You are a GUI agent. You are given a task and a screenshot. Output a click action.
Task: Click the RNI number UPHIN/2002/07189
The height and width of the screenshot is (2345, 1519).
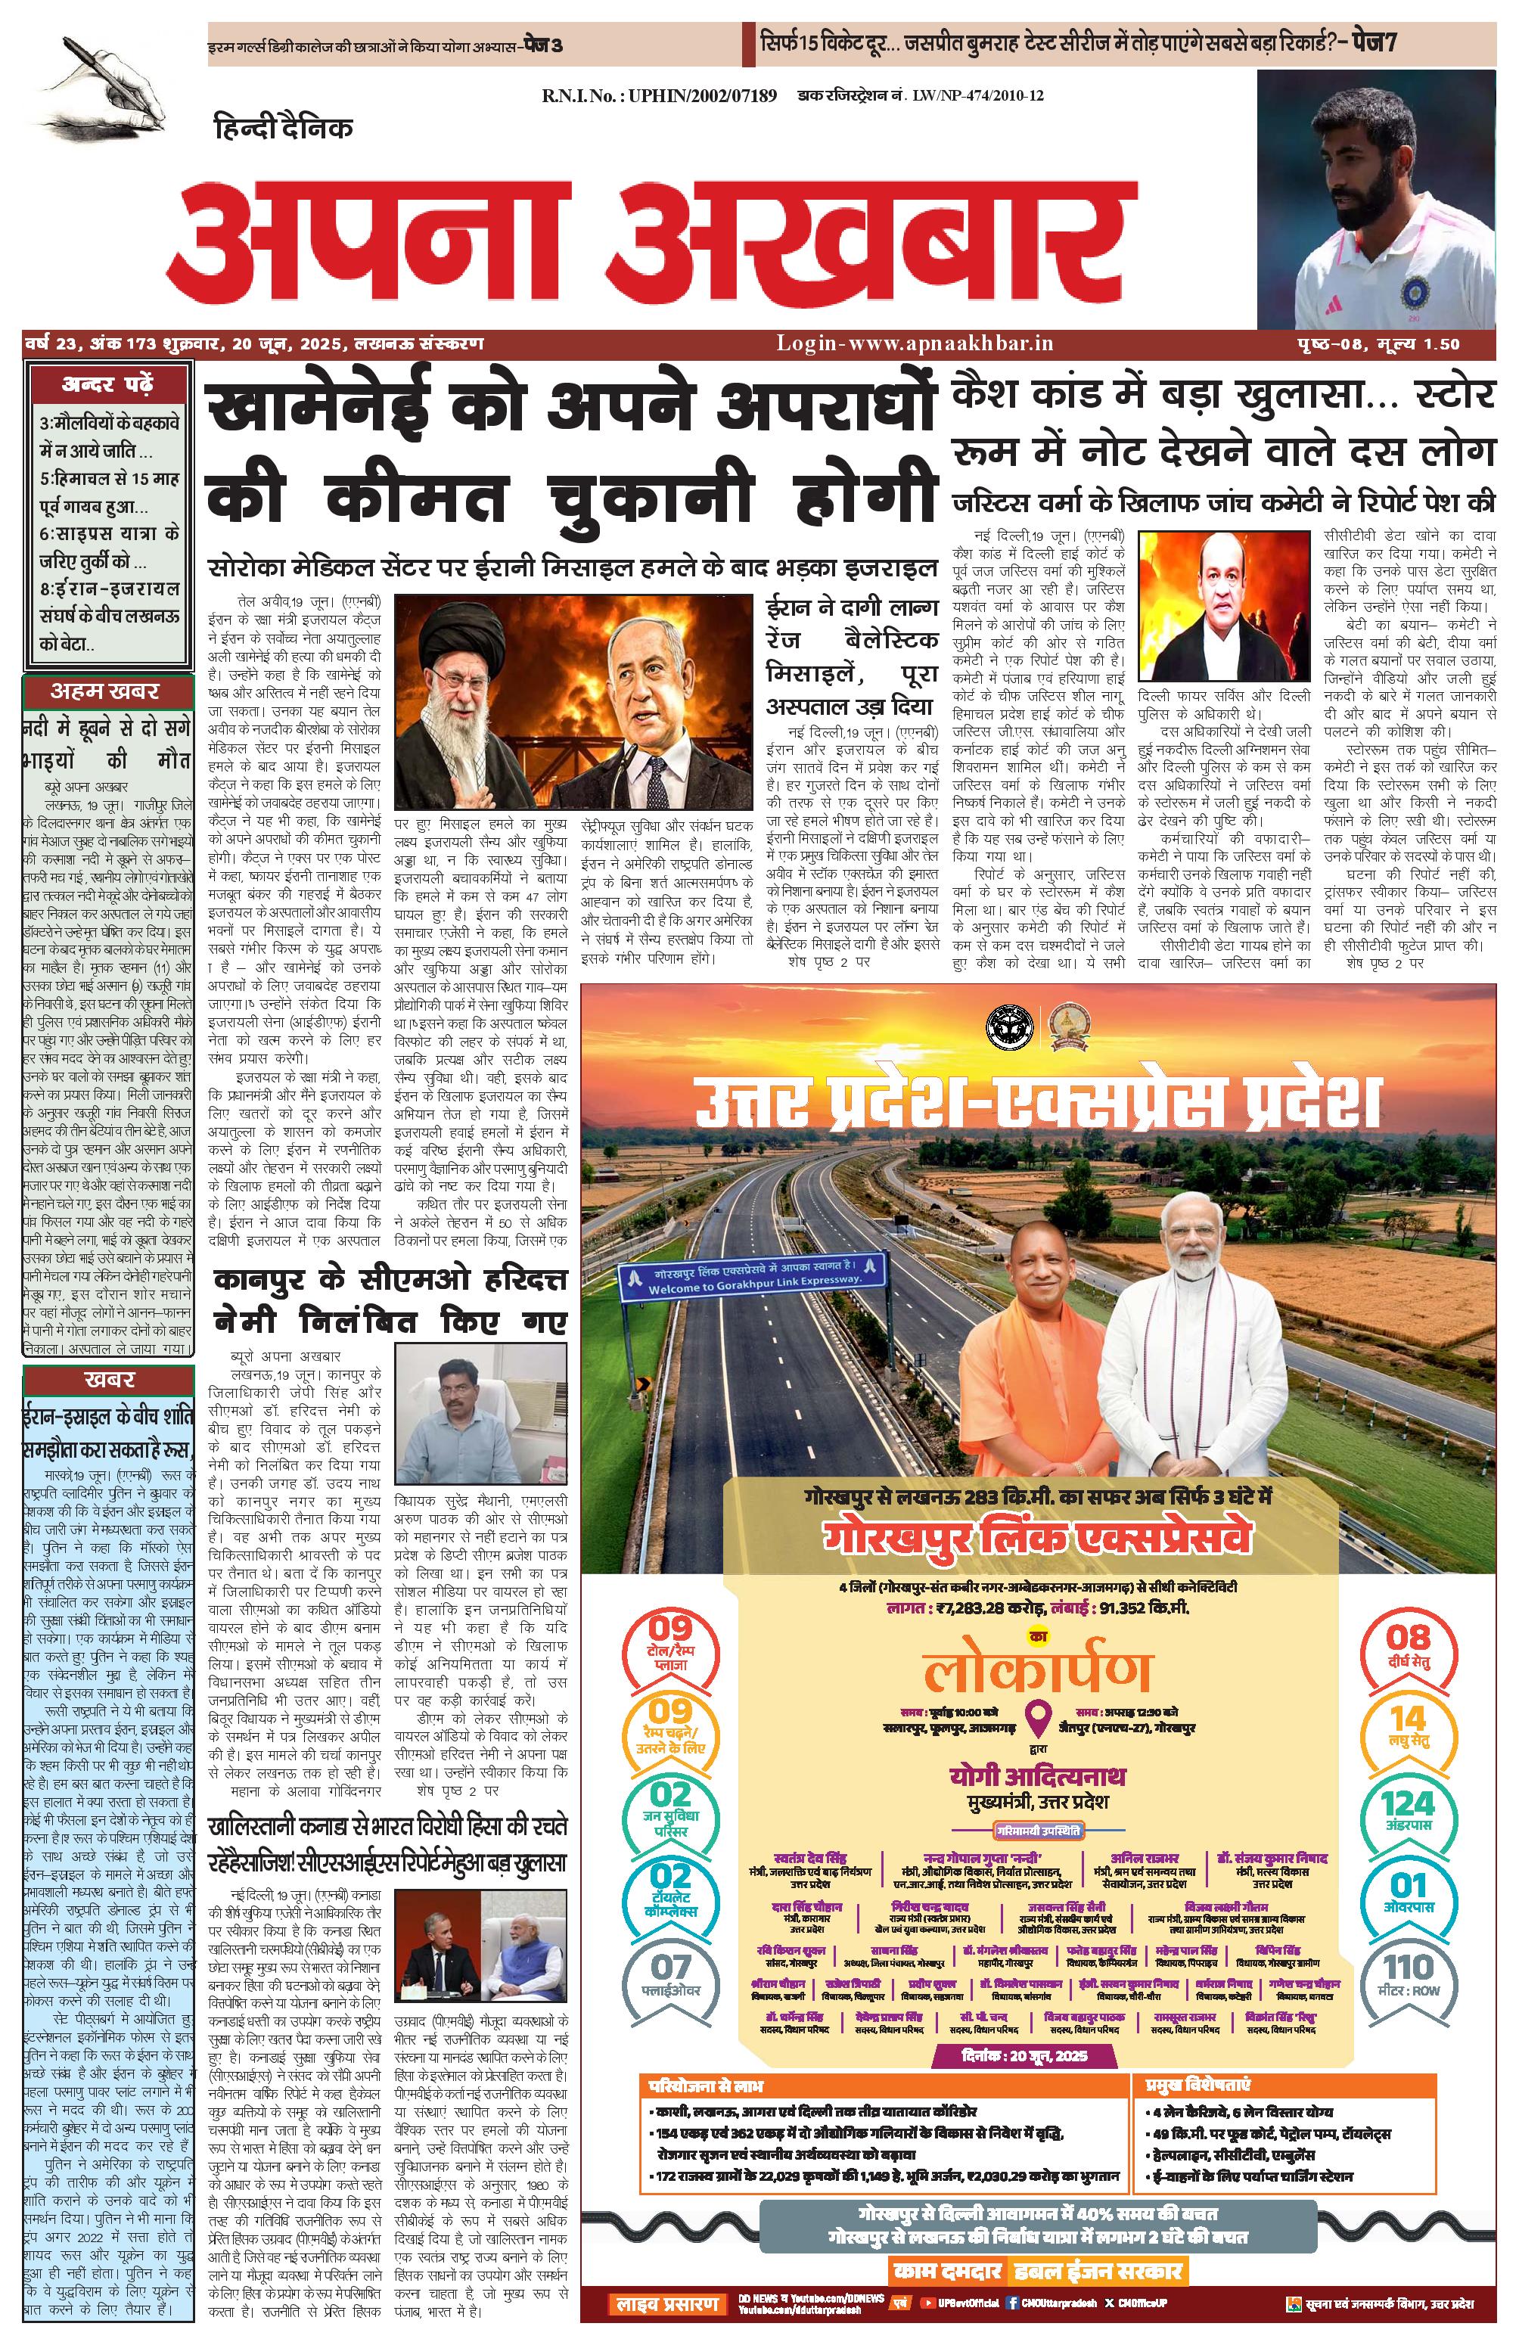click(659, 95)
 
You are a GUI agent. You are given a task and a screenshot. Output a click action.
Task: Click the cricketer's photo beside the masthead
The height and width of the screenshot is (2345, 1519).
click(1376, 199)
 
